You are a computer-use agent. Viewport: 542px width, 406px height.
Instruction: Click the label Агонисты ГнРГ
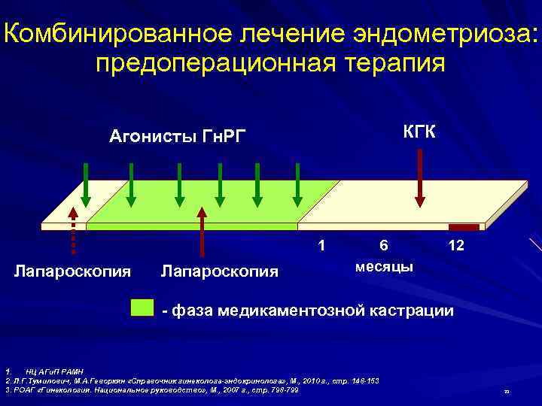coord(178,136)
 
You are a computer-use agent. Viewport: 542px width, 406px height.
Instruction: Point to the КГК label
coord(419,133)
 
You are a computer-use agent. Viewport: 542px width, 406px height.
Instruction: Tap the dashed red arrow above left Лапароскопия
coord(74,226)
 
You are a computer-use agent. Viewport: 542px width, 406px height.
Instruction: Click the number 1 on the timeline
coord(322,245)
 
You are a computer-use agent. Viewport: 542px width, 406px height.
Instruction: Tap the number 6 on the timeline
coord(384,245)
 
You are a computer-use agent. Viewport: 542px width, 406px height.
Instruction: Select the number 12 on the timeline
coord(455,245)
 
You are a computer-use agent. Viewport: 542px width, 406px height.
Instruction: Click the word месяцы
coord(384,267)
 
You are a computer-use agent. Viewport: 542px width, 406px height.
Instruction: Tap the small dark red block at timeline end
coord(464,226)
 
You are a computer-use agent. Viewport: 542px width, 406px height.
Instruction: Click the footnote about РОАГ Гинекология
coord(151,390)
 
